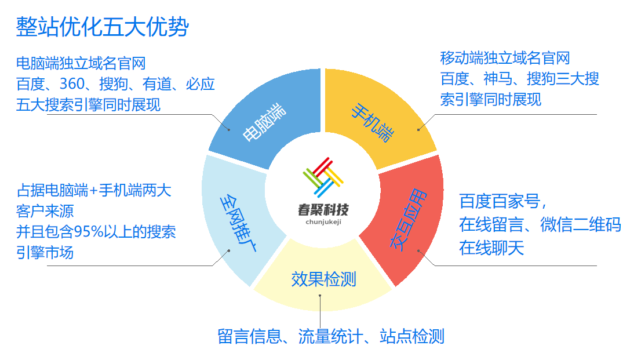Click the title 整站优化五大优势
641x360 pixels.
(102, 27)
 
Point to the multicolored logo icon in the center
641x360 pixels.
(323, 177)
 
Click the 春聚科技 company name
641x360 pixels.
(323, 210)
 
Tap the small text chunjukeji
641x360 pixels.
(323, 222)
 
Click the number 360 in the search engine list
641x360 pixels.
(72, 84)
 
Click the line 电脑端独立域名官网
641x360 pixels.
(81, 63)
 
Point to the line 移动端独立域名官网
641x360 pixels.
(505, 58)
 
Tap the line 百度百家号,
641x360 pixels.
(502, 202)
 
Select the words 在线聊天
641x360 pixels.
(491, 248)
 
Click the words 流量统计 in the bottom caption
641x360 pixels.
(331, 336)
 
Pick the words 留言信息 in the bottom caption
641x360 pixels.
(249, 336)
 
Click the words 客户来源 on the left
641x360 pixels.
(45, 211)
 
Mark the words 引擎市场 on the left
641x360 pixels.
(45, 252)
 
